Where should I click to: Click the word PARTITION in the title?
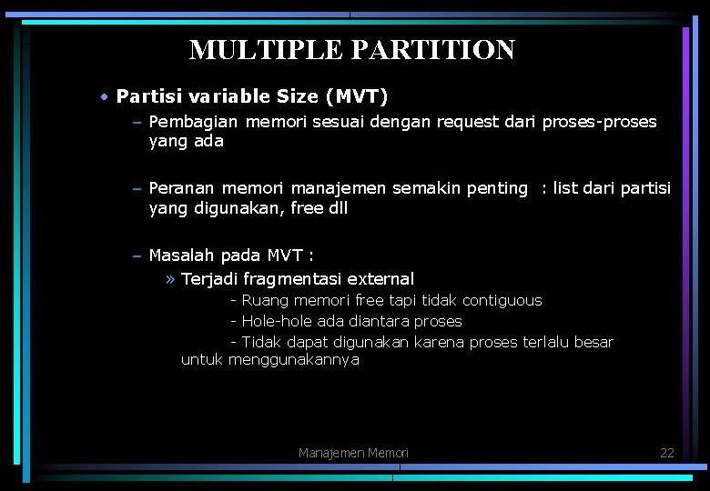(x=428, y=50)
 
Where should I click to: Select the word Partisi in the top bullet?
(x=146, y=96)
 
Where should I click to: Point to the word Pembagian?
(x=193, y=122)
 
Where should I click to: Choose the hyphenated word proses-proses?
(x=599, y=122)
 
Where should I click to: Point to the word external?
(x=380, y=279)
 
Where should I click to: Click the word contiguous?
(x=502, y=300)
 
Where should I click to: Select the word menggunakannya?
(x=294, y=360)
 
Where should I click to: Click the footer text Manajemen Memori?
(x=353, y=453)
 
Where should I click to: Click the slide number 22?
(x=667, y=453)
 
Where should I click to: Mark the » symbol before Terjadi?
(x=171, y=279)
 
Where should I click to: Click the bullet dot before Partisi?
(x=106, y=96)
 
